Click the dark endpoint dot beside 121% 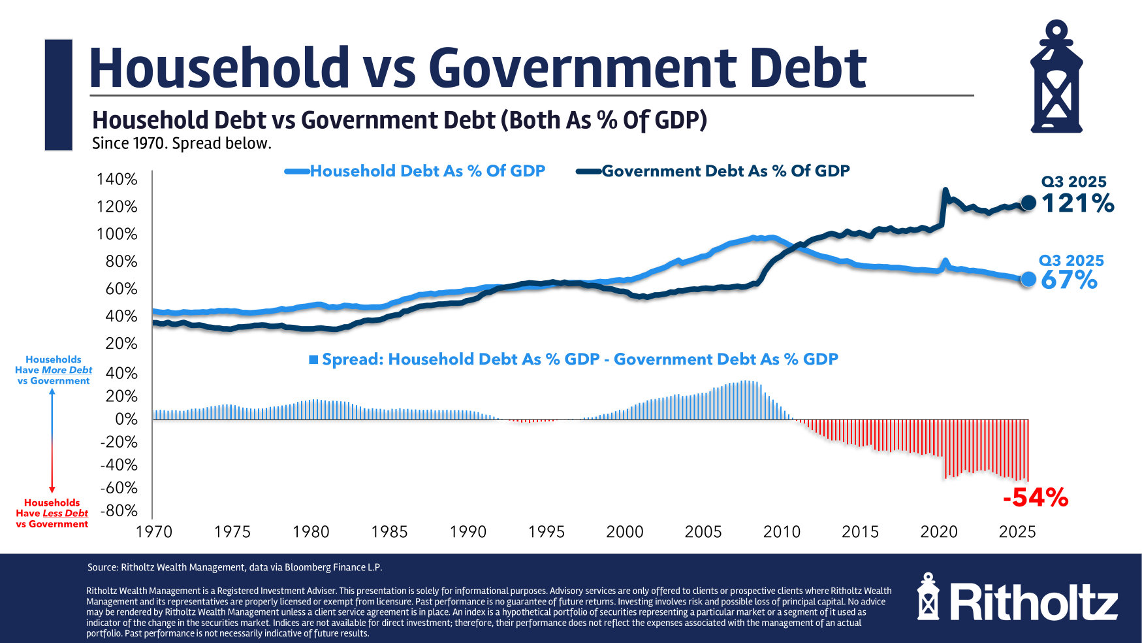pyautogui.click(x=1028, y=203)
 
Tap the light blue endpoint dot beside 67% pyautogui.click(x=1028, y=279)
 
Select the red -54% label pyautogui.click(x=1036, y=498)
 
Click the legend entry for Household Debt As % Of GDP pyautogui.click(x=427, y=171)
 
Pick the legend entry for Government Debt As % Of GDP pyautogui.click(x=725, y=171)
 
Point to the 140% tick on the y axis pyautogui.click(x=117, y=179)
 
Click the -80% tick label pyautogui.click(x=119, y=510)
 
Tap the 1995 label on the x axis pyautogui.click(x=547, y=532)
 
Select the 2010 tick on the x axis pyautogui.click(x=782, y=532)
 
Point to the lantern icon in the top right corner pyautogui.click(x=1056, y=77)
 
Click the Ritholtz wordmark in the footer pyautogui.click(x=1034, y=602)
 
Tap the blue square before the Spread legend pyautogui.click(x=313, y=359)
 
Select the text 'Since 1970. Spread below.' pyautogui.click(x=182, y=144)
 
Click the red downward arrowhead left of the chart pyautogui.click(x=52, y=489)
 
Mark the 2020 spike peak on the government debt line pyautogui.click(x=945, y=190)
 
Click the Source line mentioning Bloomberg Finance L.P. pyautogui.click(x=235, y=567)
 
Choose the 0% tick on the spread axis pyautogui.click(x=126, y=419)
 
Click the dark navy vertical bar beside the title pyautogui.click(x=58, y=95)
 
